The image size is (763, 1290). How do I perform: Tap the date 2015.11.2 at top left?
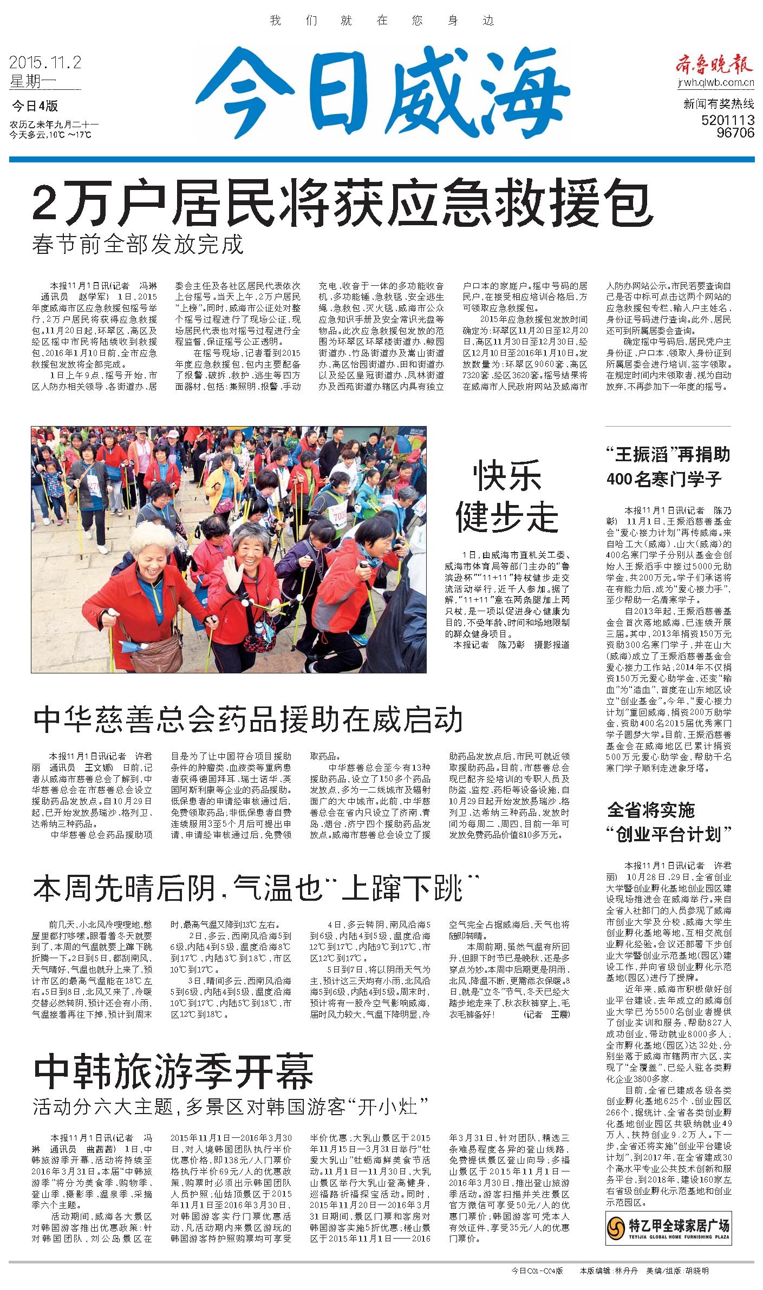[x=45, y=63]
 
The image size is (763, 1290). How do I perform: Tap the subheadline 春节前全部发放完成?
[x=138, y=245]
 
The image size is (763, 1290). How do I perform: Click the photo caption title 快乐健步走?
[x=506, y=497]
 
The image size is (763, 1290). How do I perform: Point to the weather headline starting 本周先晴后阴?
[x=256, y=888]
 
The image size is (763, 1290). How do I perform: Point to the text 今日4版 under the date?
[x=35, y=105]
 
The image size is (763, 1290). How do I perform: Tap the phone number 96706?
[x=735, y=133]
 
